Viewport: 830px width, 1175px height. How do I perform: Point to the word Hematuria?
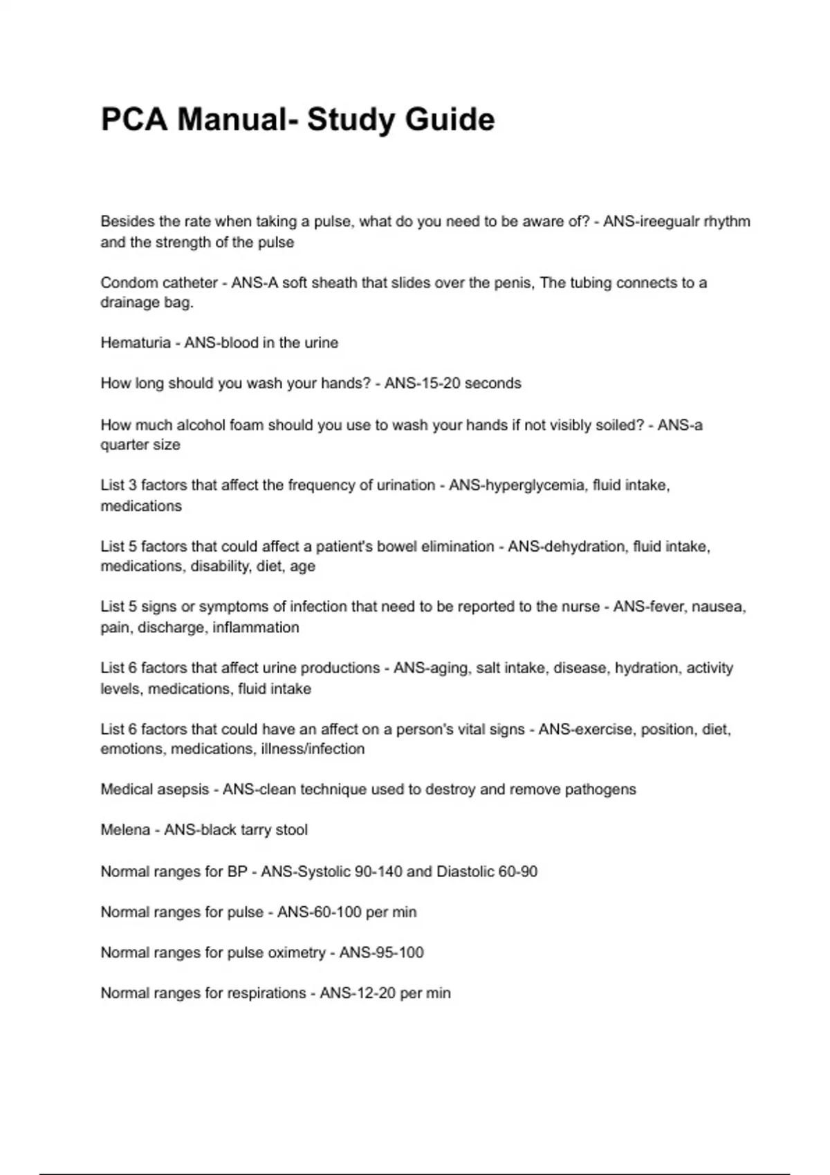pyautogui.click(x=136, y=343)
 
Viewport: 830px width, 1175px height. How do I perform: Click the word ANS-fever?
pyautogui.click(x=648, y=607)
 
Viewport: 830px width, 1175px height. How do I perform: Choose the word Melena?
pyautogui.click(x=125, y=830)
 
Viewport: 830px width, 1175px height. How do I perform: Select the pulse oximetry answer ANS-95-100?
pyautogui.click(x=381, y=952)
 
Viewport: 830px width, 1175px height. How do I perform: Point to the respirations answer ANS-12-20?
pyautogui.click(x=358, y=993)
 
